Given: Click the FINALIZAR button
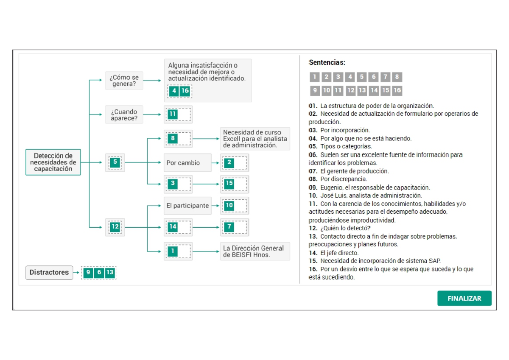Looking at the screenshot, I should [x=464, y=298].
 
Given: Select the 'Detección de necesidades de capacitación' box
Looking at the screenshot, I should [x=53, y=162].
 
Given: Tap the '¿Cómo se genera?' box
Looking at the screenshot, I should [x=124, y=81].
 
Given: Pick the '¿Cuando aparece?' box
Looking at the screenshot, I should [x=124, y=114].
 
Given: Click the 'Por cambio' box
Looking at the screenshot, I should [x=187, y=163].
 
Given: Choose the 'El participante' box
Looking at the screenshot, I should [x=187, y=206].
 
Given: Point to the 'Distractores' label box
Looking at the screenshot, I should [x=49, y=272].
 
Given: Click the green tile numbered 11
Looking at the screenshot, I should [x=172, y=114].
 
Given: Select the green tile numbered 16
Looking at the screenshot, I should [x=185, y=91].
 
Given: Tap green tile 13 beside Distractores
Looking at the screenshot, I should [x=110, y=272].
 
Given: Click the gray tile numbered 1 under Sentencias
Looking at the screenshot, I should [x=314, y=77].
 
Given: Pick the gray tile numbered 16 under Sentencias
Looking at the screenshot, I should [x=397, y=90].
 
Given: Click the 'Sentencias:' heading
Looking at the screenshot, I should [x=327, y=63].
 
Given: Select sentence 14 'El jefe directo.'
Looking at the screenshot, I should [x=339, y=253].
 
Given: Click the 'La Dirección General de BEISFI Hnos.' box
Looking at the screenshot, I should [x=255, y=251].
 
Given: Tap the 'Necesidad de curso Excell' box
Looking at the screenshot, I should [x=255, y=139].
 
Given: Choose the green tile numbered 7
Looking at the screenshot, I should [x=229, y=227].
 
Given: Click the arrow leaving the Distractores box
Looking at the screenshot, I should [x=76, y=273].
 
